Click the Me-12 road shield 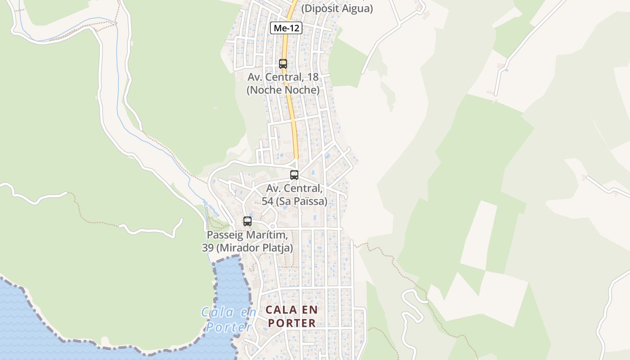coord(286,28)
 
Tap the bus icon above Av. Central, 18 coord(283,64)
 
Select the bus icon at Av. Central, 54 coord(294,175)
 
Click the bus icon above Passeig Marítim coord(247,221)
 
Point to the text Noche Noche coord(283,90)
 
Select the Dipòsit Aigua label coord(337,9)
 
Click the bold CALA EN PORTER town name coord(292,316)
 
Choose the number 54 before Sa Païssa coord(267,201)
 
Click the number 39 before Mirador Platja coord(207,248)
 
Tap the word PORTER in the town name coord(292,323)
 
